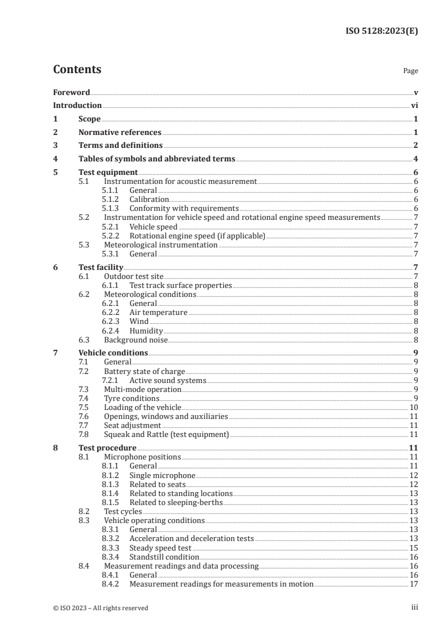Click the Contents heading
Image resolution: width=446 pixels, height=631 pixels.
click(x=77, y=70)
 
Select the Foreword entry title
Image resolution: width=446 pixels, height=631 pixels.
click(x=71, y=92)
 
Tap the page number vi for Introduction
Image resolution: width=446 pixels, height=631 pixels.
click(x=414, y=105)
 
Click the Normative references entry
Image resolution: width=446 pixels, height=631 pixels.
click(x=120, y=133)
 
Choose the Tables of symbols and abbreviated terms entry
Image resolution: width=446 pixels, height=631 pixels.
click(x=157, y=159)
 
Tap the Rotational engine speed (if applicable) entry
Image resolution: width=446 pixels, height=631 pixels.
click(x=197, y=236)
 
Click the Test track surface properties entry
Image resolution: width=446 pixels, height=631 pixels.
click(x=181, y=285)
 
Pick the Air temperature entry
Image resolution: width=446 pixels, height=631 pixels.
click(x=158, y=312)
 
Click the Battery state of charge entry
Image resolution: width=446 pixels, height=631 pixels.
click(x=144, y=371)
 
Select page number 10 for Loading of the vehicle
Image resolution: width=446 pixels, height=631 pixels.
click(x=413, y=407)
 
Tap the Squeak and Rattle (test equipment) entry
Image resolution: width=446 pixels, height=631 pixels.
click(x=166, y=434)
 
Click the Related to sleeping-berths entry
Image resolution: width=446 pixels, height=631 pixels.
click(x=176, y=502)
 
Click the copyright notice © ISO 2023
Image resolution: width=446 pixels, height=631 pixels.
click(x=101, y=607)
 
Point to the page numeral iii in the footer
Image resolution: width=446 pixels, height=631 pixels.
click(x=415, y=607)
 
